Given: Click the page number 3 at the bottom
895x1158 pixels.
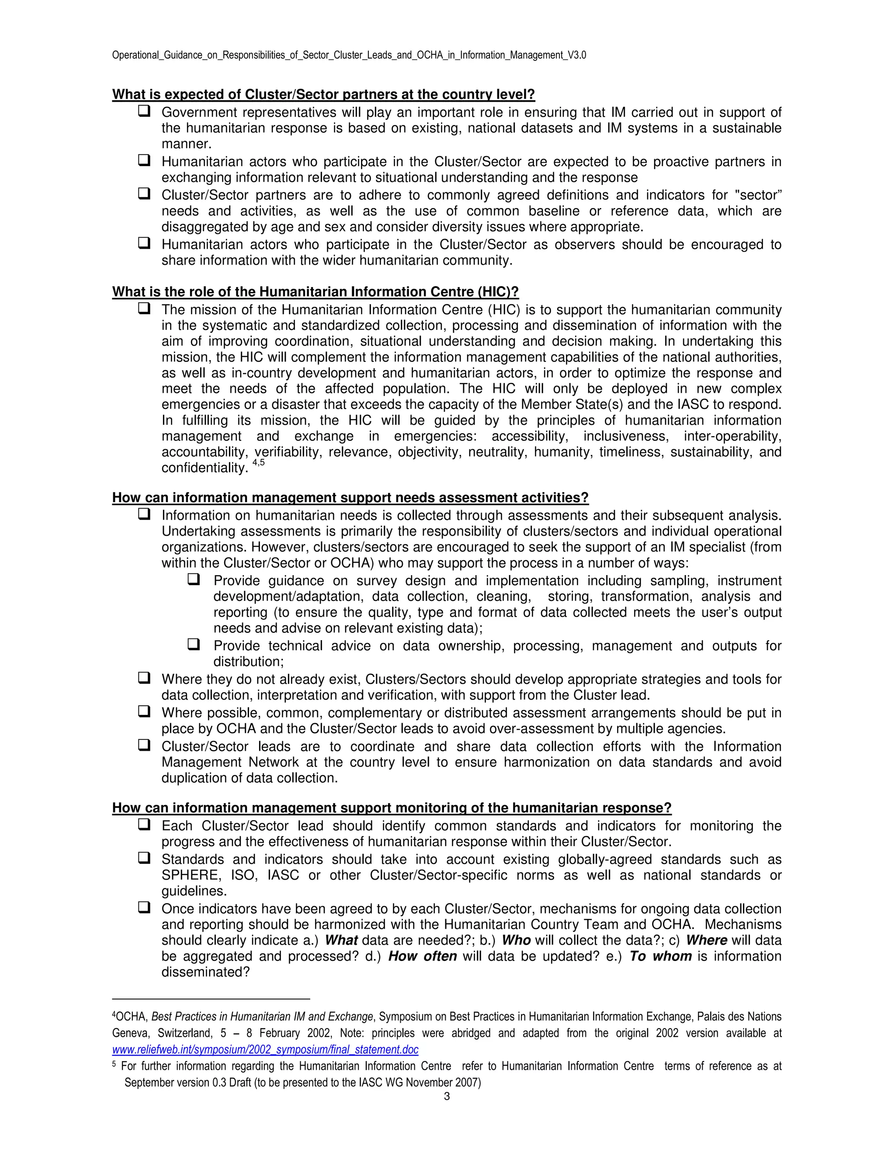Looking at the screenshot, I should point(447,1096).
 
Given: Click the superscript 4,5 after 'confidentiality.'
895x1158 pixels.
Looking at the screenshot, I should point(258,463).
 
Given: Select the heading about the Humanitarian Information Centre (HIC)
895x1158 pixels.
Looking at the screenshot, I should point(315,292).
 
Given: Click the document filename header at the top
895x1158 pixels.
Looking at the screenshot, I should point(349,55).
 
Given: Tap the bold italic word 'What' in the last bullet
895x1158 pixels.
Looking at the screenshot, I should point(340,940).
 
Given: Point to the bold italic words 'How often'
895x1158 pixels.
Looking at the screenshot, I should point(422,956).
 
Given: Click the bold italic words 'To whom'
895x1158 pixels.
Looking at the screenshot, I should point(660,956).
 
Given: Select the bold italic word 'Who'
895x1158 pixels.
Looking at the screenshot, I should point(516,940).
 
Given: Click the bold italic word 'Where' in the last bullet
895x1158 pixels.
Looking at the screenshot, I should point(706,940).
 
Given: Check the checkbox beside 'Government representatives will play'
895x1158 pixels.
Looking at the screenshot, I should point(144,111).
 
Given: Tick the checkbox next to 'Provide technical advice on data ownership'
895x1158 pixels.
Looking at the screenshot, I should point(194,645).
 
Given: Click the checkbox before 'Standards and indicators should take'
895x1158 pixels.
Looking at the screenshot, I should point(144,858).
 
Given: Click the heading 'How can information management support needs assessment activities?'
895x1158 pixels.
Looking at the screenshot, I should point(350,498).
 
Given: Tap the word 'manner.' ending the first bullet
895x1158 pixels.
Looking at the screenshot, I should point(186,144).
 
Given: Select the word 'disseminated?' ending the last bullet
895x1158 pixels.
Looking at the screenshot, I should point(205,972).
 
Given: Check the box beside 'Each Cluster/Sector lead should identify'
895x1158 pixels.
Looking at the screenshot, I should point(144,825).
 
